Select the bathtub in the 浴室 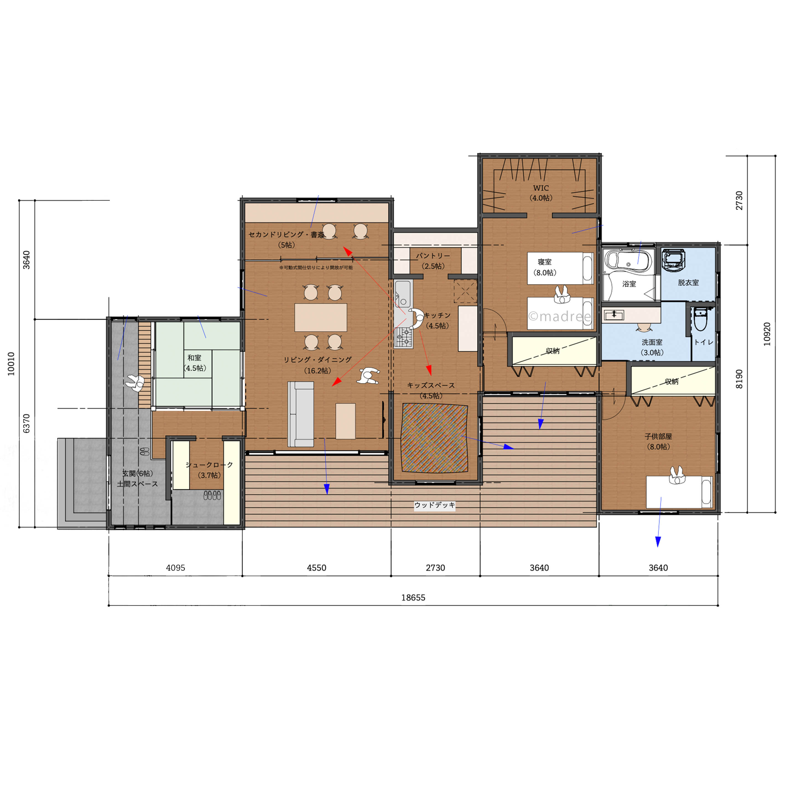point(628,260)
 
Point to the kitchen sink point(403,294)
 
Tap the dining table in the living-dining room point(321,317)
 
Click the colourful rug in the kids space point(435,438)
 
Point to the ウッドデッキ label point(434,505)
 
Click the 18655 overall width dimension point(413,598)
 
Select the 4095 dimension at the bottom point(176,567)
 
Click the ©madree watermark point(560,316)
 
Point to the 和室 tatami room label point(194,358)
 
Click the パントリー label point(433,256)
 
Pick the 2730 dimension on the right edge point(739,201)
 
